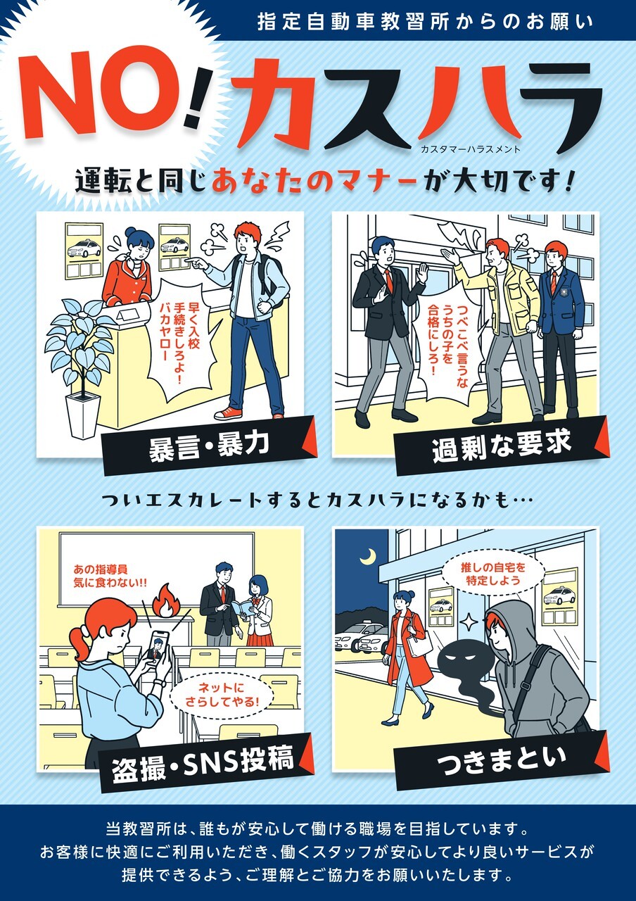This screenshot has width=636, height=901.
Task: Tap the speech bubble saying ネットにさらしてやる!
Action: click(x=221, y=695)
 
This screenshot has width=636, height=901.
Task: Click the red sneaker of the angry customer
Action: click(x=229, y=413)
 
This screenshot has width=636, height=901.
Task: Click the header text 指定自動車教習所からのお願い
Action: click(x=426, y=22)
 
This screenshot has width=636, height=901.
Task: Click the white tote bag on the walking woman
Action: click(x=419, y=643)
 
